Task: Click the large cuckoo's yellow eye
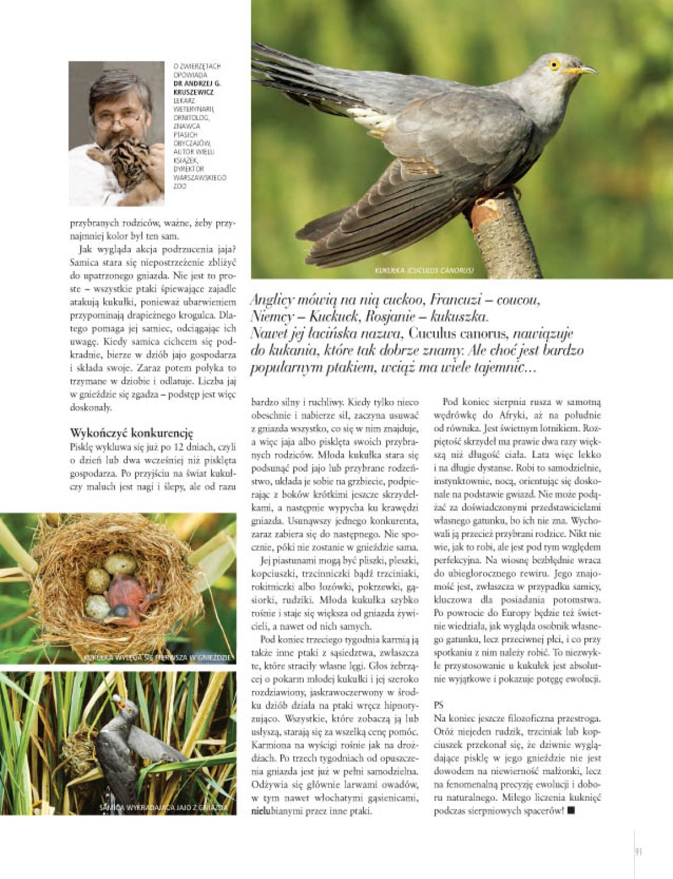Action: (x=554, y=64)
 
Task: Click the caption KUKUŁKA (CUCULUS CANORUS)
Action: (x=424, y=271)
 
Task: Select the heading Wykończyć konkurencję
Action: (x=131, y=433)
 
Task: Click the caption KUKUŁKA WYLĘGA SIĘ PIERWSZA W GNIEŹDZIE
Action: (x=158, y=658)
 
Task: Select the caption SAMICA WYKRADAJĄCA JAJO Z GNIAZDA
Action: (x=164, y=808)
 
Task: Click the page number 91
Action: (x=638, y=852)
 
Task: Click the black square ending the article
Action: (x=571, y=811)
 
